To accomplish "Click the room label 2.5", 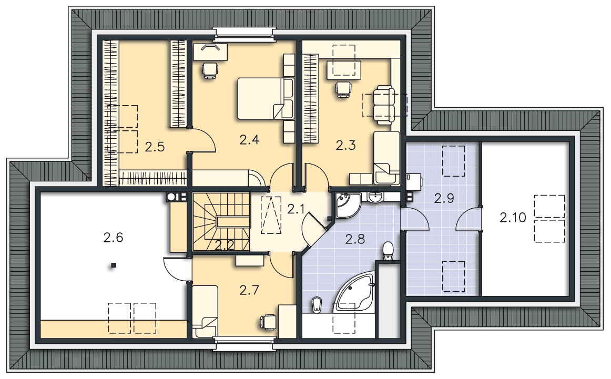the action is click(x=155, y=147).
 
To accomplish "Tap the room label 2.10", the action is click(x=513, y=217).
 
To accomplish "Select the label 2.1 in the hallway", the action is click(x=296, y=210).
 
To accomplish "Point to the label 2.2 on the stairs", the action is click(x=225, y=245).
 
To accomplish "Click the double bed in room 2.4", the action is click(x=266, y=98).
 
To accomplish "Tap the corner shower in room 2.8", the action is click(x=348, y=205).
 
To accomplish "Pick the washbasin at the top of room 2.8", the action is click(x=375, y=197).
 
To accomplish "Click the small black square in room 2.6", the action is click(x=114, y=265).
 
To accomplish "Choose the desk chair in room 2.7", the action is click(x=267, y=321).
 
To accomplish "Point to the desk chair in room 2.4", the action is click(x=210, y=70).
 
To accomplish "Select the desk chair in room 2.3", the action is click(x=343, y=89).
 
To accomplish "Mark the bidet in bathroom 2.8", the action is click(x=316, y=304).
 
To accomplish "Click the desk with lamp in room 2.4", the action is click(x=210, y=52).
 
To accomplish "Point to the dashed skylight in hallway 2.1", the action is click(x=271, y=215).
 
